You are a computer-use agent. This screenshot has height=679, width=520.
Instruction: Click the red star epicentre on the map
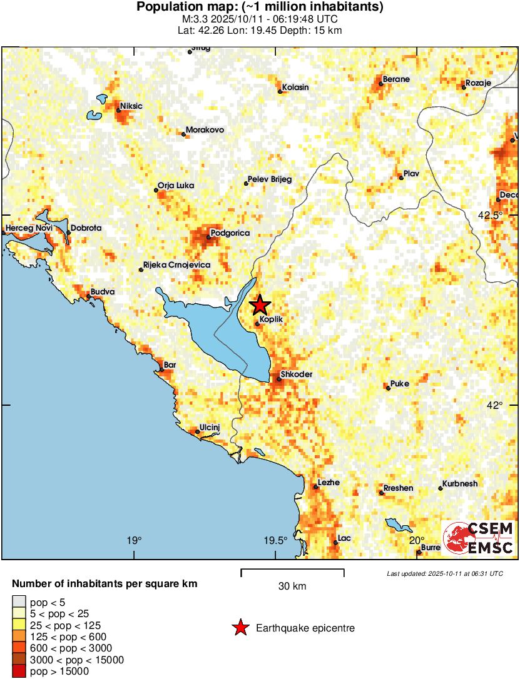(x=260, y=305)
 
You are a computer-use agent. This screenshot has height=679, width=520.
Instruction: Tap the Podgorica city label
(x=230, y=233)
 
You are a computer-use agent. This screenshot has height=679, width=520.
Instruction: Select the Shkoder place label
(x=296, y=375)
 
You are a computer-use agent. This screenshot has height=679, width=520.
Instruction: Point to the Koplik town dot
(x=258, y=324)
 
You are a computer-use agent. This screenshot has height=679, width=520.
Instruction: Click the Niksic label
(x=131, y=106)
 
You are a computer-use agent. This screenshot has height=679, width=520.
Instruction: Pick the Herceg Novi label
(x=29, y=228)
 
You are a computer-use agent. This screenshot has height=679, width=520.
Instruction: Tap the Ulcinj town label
(x=210, y=428)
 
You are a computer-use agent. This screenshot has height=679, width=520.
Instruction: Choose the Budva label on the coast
(x=103, y=292)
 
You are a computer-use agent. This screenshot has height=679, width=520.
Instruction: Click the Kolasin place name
(x=295, y=88)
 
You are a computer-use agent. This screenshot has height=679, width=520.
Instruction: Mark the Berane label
(x=396, y=79)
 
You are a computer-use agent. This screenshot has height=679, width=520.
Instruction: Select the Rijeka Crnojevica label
(x=177, y=265)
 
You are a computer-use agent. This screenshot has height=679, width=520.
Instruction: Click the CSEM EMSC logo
(x=478, y=538)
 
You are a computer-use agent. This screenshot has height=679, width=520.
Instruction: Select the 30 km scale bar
(x=292, y=570)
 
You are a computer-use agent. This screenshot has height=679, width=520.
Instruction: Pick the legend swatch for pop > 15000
(x=20, y=671)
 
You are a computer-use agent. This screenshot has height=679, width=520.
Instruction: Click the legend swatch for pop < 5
(x=20, y=603)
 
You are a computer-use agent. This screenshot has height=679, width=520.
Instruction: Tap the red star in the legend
(x=240, y=628)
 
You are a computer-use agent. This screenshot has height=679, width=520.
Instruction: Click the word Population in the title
(x=167, y=8)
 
